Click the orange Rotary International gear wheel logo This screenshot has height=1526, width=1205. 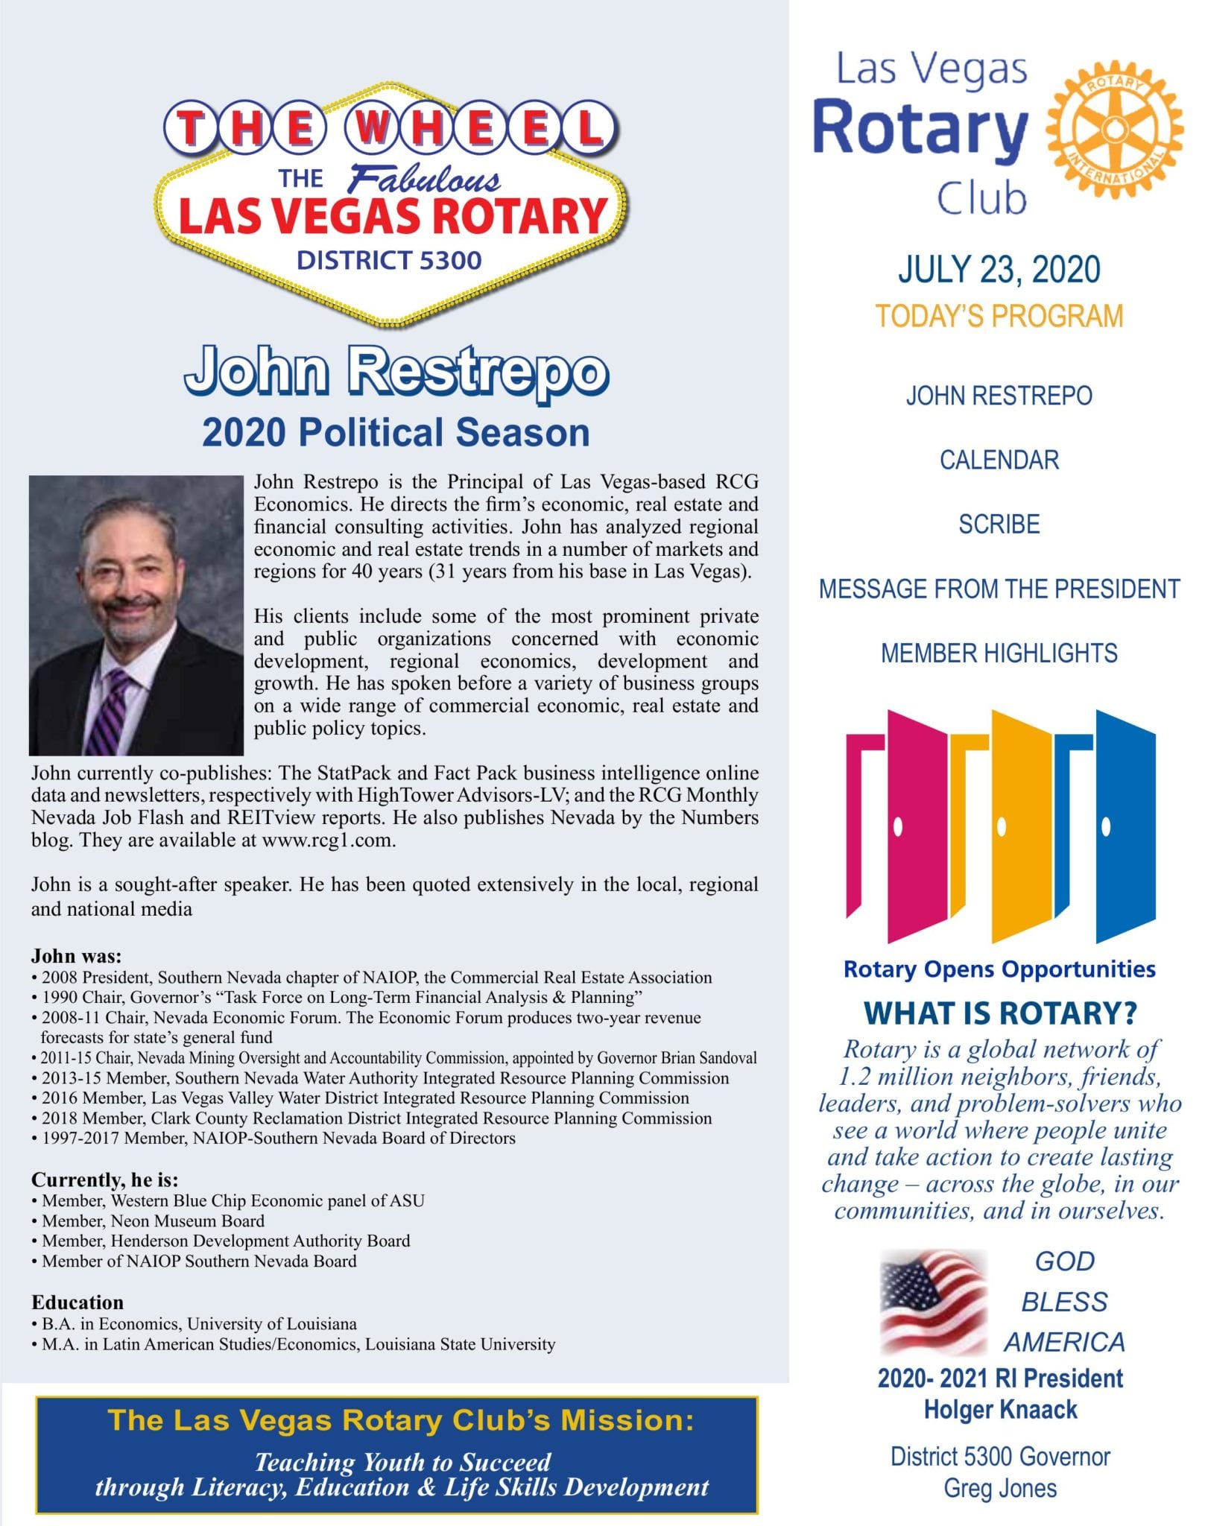(x=1114, y=130)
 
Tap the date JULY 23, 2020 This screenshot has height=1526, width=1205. (x=999, y=270)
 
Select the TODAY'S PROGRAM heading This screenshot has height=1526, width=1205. (x=999, y=316)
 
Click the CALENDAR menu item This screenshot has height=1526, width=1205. (x=999, y=460)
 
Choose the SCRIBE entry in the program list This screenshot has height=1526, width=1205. (x=999, y=525)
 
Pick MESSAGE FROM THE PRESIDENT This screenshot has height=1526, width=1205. (x=999, y=589)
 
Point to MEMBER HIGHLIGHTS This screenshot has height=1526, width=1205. (x=999, y=653)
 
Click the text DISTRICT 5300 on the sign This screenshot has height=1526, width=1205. (x=389, y=261)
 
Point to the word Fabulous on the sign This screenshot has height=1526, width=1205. (x=425, y=180)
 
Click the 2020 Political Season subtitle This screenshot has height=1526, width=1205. (x=396, y=433)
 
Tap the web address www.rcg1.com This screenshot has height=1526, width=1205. (x=326, y=840)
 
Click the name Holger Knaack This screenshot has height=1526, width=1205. (x=1000, y=1410)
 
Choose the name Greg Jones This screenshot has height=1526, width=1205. (x=1000, y=1488)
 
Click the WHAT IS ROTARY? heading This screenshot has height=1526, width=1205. (x=1000, y=1013)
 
